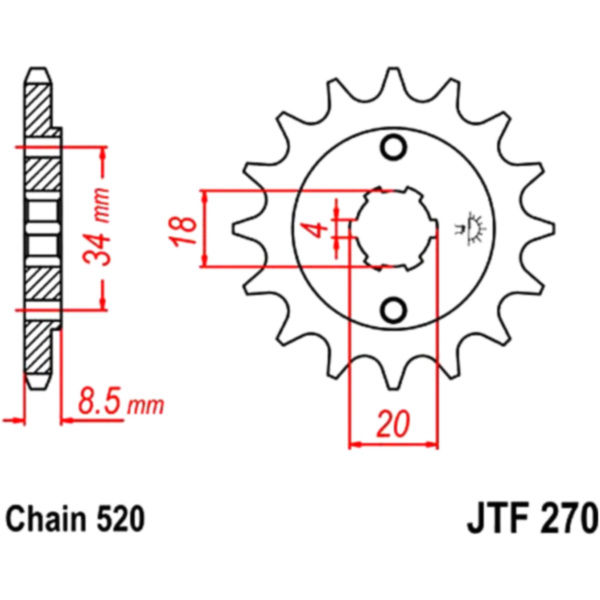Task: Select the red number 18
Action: pos(184,231)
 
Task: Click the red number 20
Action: pos(393,424)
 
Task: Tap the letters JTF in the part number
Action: pos(496,519)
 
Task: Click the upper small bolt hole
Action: pos(394,147)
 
